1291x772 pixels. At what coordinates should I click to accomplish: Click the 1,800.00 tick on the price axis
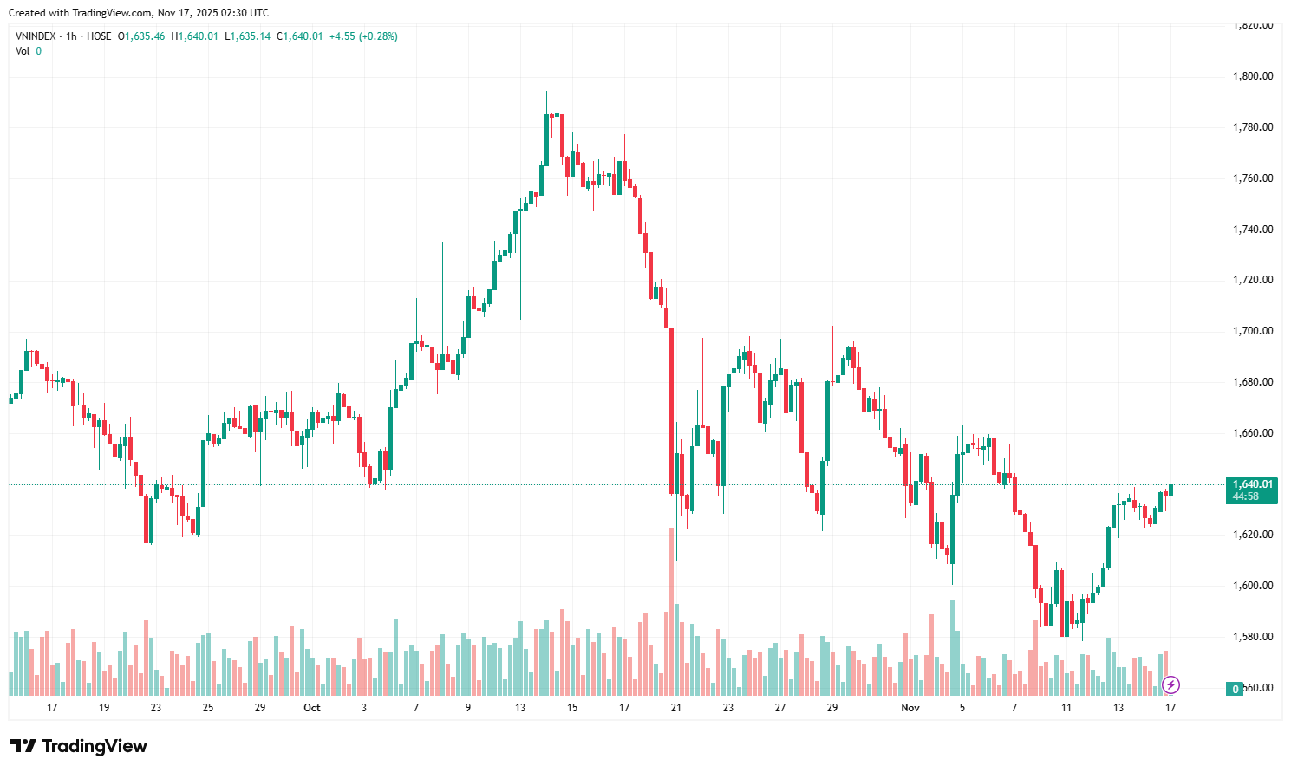(x=1252, y=76)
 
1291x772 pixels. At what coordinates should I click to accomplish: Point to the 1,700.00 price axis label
(x=1252, y=331)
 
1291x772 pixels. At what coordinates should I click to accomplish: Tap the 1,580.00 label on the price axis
(x=1252, y=637)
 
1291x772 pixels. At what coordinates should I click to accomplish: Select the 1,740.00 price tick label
(x=1252, y=230)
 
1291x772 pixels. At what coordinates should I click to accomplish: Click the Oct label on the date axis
(x=312, y=708)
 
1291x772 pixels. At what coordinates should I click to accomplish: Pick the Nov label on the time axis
(x=910, y=708)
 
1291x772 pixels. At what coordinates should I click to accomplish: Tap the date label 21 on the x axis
(x=676, y=708)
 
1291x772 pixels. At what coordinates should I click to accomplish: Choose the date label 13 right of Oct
(x=520, y=708)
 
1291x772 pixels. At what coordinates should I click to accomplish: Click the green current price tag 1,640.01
(x=1252, y=485)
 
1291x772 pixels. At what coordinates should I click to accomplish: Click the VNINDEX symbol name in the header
(x=36, y=36)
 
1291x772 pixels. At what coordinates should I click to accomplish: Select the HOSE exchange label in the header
(x=99, y=36)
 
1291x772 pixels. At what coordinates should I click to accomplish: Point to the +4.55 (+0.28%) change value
(x=363, y=36)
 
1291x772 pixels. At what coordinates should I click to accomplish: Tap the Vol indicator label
(x=23, y=51)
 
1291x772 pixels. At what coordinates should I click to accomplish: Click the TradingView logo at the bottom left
(x=79, y=746)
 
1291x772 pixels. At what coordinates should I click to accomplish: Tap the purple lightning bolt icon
(x=1170, y=685)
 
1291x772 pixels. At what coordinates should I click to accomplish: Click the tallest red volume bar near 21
(x=671, y=607)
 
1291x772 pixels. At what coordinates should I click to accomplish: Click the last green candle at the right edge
(x=1170, y=490)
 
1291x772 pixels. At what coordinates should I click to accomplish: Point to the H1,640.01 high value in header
(x=194, y=36)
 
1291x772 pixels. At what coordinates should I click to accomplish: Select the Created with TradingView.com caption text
(x=139, y=13)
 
